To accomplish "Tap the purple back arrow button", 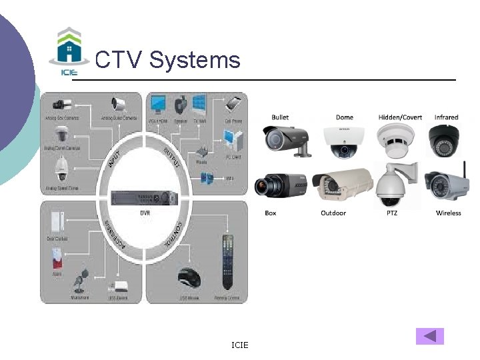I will (x=429, y=336).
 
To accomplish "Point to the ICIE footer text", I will (x=239, y=345).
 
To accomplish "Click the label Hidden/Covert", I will (x=400, y=117).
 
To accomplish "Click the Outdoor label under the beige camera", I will (x=333, y=213).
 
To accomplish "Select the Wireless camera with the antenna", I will (x=446, y=185).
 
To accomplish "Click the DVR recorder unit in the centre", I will (x=145, y=198).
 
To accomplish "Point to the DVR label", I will (x=145, y=213).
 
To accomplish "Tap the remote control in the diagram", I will (x=228, y=263).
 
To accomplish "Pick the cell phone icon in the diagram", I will (x=233, y=106).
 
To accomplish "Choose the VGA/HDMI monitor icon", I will (x=159, y=105).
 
